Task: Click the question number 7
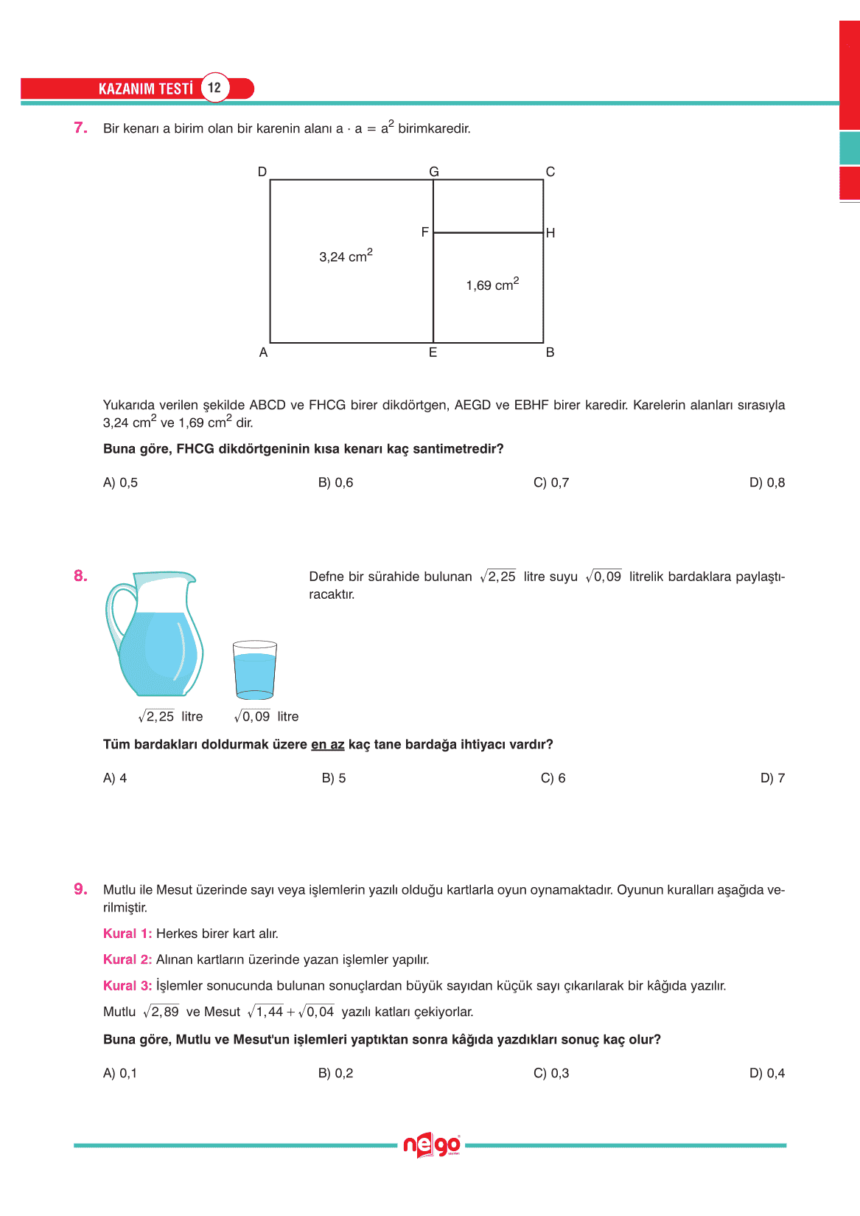click(80, 128)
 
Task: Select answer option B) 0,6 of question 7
click(335, 482)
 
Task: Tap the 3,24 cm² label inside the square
click(346, 256)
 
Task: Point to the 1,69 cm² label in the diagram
click(492, 285)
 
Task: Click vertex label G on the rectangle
click(434, 172)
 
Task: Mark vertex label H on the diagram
click(550, 233)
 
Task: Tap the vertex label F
click(424, 232)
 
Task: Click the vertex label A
click(263, 352)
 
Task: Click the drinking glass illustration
click(254, 670)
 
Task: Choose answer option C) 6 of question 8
click(553, 778)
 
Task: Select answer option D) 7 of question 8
click(772, 778)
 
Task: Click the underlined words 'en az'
click(327, 745)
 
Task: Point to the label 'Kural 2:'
click(127, 959)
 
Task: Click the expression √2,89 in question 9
click(161, 1012)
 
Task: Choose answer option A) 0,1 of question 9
click(120, 1073)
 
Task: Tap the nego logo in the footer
click(431, 1145)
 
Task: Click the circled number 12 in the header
click(214, 88)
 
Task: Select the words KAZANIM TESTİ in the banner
click(146, 88)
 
